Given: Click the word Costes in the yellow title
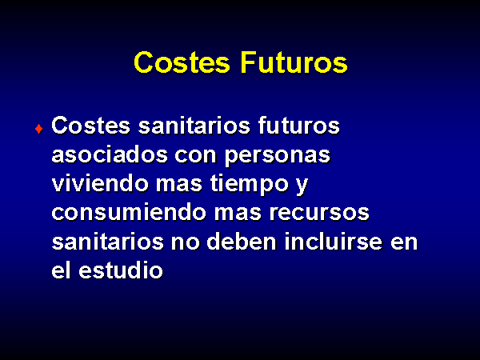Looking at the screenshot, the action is point(182,62).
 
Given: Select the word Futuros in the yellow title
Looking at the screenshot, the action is point(294,62).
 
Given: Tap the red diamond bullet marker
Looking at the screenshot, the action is point(39,129).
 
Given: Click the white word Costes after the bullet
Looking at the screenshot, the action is point(91,126).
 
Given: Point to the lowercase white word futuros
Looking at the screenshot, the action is point(298,126).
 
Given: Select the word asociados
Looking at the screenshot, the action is point(110,154).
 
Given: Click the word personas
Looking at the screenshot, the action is point(278,156).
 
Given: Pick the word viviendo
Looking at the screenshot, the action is point(100,183).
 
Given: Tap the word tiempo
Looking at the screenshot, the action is point(250,185).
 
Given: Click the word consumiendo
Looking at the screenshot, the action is point(129,213).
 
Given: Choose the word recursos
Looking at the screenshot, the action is point(319,213).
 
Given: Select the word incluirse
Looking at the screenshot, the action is point(334,242).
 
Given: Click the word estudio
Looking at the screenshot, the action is point(121,270).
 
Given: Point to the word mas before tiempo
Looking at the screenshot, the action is point(179,185).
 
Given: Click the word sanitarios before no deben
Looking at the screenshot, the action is point(108,242).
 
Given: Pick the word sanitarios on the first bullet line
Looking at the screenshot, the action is point(194,126).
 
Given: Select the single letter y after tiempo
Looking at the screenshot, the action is point(302,186).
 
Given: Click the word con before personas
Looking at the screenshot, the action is point(196,155).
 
